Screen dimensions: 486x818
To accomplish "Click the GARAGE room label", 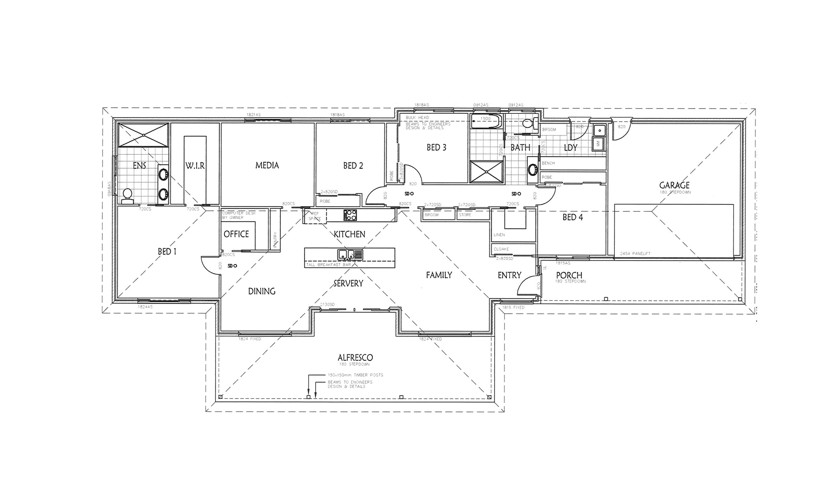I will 674,185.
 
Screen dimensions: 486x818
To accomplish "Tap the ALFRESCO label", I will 355,357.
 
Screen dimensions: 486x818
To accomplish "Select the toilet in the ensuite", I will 127,195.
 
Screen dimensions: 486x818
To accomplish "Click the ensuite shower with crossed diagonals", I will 143,135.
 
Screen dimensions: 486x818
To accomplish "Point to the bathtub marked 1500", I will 486,121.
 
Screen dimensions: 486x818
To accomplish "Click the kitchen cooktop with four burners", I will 350,215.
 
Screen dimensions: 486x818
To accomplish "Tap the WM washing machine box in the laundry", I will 599,144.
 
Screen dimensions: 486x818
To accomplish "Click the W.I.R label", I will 195,166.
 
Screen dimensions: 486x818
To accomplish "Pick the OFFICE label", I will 236,234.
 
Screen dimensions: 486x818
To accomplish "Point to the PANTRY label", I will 275,240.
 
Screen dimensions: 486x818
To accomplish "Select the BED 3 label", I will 436,147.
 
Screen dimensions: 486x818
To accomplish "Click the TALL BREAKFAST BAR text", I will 328,265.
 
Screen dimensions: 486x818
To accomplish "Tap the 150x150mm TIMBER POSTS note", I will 355,375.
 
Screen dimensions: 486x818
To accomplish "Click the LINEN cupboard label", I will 499,235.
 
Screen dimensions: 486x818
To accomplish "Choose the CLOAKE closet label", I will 501,249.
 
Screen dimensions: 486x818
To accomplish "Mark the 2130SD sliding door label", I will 327,305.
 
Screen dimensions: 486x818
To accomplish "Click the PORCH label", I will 569,275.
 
